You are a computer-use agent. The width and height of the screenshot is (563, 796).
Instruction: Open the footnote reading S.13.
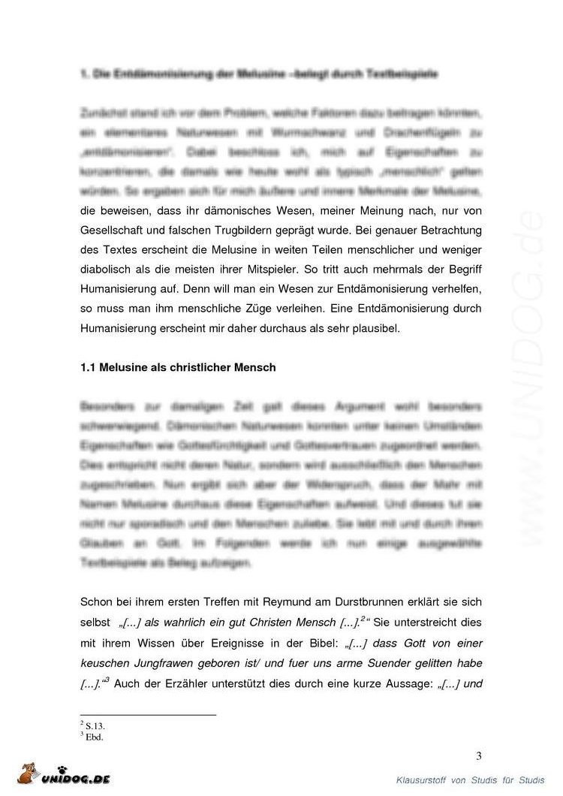point(95,726)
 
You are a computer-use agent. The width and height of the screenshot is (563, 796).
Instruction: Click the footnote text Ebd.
point(94,737)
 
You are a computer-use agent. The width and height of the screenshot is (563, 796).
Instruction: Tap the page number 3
point(478,755)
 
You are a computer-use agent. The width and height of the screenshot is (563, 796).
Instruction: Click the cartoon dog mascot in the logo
point(29,773)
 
